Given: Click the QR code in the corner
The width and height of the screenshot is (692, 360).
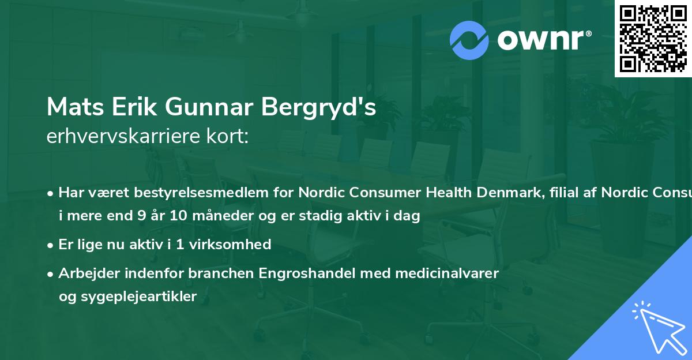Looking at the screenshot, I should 653,39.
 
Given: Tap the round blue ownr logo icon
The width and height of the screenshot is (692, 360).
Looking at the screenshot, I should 469,40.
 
